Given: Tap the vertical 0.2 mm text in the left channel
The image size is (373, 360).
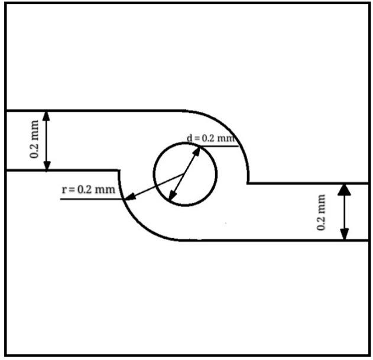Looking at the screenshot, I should [x=36, y=140].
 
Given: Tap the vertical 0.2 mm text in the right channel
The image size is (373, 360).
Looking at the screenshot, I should [x=322, y=212].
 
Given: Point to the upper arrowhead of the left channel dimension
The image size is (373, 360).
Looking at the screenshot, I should [x=47, y=116].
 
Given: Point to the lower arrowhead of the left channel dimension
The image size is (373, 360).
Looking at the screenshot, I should [x=47, y=166].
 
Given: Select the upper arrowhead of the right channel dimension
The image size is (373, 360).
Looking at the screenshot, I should [x=345, y=189].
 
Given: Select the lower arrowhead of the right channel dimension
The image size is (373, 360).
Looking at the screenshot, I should [x=345, y=235].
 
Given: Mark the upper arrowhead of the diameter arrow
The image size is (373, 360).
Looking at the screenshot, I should [x=199, y=149].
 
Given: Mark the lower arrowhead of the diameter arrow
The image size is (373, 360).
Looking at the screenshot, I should [x=171, y=197].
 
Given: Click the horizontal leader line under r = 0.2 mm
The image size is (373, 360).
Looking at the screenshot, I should [x=89, y=199].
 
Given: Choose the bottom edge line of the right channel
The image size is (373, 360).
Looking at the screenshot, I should [x=284, y=240].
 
